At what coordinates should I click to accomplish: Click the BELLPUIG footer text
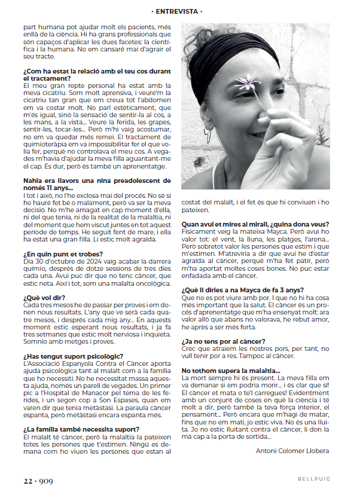pyautogui.click(x=313, y=479)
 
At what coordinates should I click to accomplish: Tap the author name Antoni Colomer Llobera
pyautogui.click(x=292, y=450)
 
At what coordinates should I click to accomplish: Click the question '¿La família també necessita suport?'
pyautogui.click(x=81, y=429)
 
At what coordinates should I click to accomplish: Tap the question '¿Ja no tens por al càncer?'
pyautogui.click(x=223, y=341)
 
